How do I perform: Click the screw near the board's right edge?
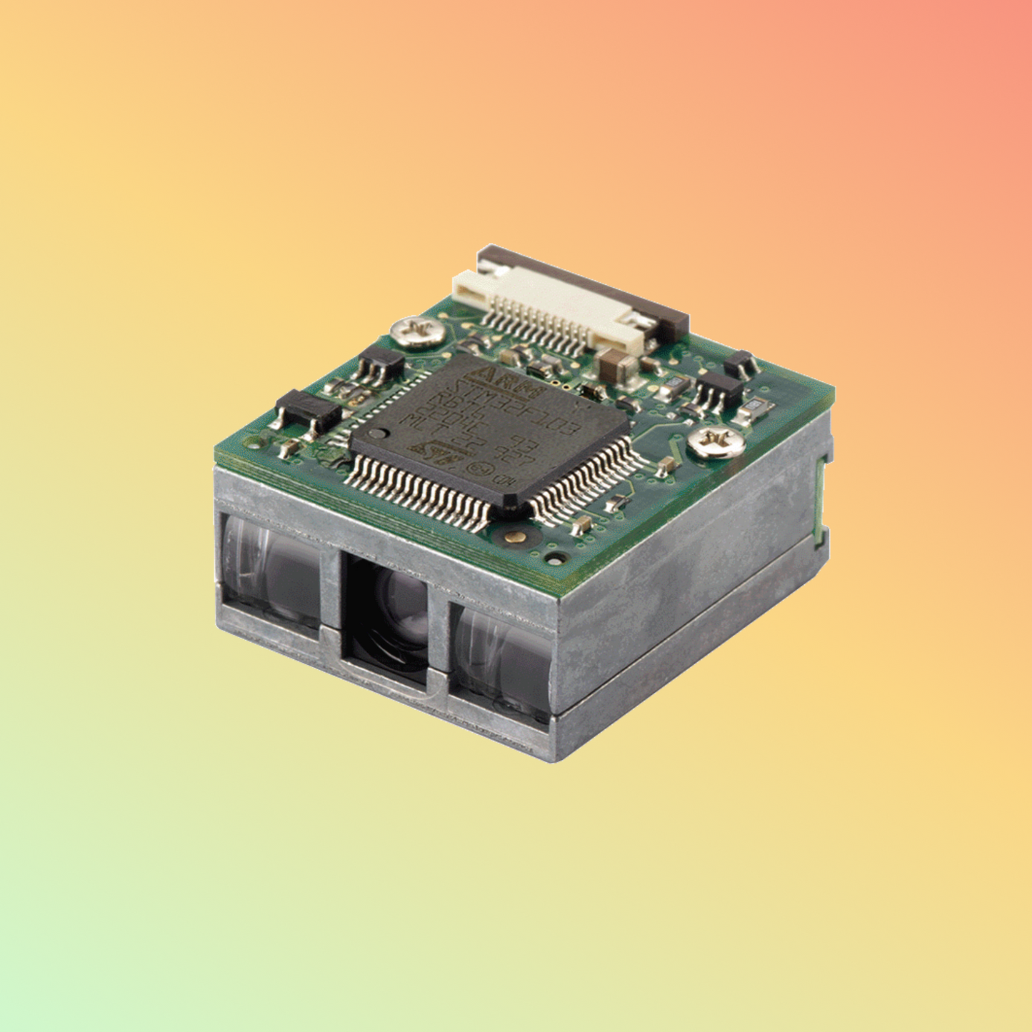(716, 442)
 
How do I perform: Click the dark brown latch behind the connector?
(586, 282)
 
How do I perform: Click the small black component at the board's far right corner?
(740, 364)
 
